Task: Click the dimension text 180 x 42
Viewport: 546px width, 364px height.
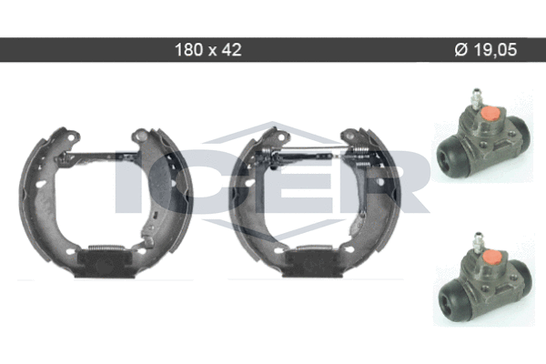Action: click(207, 50)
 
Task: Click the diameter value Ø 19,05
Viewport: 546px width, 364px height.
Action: click(486, 50)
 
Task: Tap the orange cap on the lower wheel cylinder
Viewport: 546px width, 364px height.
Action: click(492, 257)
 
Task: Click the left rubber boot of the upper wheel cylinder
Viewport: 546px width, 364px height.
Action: click(448, 151)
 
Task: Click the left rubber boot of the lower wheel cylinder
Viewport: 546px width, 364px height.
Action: click(450, 296)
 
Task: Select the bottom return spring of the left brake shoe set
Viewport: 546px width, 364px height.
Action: click(106, 248)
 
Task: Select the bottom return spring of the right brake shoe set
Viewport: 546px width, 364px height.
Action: click(314, 248)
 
